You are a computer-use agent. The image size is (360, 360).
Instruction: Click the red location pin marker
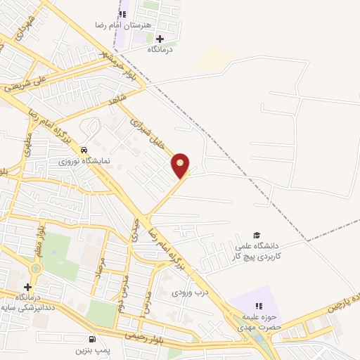[x=181, y=165]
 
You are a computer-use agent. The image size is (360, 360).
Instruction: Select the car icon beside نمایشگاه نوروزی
[x=84, y=150]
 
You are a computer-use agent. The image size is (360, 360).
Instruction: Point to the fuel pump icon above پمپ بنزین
[x=92, y=338]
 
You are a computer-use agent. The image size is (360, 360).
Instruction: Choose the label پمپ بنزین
[x=92, y=349]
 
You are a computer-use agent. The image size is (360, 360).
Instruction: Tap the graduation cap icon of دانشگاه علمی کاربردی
[x=257, y=235]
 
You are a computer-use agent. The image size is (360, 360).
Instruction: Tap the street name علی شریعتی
[x=24, y=84]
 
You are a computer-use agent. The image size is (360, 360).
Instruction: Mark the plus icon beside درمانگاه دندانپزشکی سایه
[x=27, y=287]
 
